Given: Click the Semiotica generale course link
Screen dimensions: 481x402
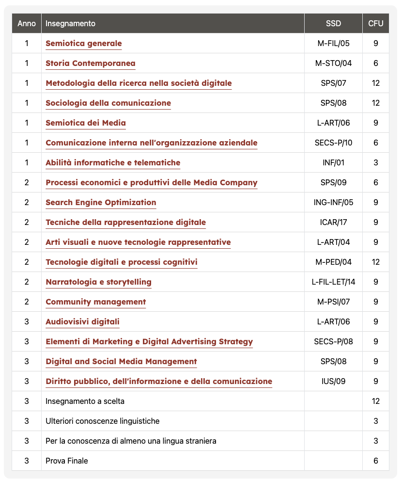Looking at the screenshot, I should coord(83,44).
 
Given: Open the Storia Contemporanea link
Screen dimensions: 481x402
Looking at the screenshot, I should coord(90,64).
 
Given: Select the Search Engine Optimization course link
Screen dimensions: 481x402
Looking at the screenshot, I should coord(101,203).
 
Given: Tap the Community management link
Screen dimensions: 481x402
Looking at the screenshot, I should coord(95,302).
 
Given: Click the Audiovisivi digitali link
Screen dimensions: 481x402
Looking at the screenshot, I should coord(82,322).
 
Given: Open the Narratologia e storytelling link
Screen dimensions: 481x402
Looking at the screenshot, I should coord(98,282).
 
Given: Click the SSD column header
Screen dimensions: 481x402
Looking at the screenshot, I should coord(333,23).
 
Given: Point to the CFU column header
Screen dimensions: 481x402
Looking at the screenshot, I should coord(375,23).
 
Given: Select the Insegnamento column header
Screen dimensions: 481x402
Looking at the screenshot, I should coord(70,23).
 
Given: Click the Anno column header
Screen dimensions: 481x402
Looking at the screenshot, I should coord(27,23).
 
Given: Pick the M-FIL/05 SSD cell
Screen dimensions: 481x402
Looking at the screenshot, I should coord(333,44).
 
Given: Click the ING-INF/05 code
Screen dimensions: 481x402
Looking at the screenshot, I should coord(333,203).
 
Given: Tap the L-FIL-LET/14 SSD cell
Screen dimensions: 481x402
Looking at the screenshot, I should coord(333,282).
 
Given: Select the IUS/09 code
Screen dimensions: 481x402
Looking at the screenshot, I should coord(333,382).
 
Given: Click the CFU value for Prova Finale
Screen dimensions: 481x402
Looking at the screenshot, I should coord(376,461).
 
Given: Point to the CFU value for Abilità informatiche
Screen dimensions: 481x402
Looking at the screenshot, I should coord(376,163).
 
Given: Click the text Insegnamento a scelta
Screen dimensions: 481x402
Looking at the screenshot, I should coord(84,401).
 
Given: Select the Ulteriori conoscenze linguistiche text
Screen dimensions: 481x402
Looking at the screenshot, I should coord(102,421).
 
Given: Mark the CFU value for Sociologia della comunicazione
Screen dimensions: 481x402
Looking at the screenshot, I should coord(376,103).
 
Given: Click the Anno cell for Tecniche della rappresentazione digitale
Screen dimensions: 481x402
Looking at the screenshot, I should coord(27,223).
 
